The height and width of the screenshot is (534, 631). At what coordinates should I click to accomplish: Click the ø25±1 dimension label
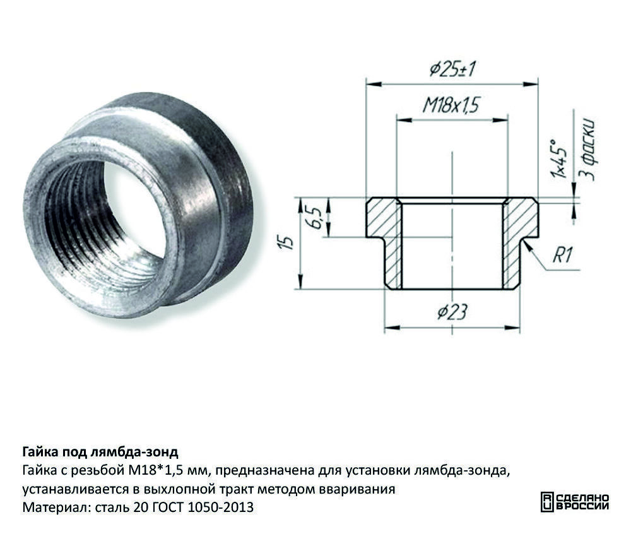pyautogui.click(x=452, y=68)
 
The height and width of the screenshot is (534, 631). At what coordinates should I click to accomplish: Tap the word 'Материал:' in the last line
pyautogui.click(x=56, y=507)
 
